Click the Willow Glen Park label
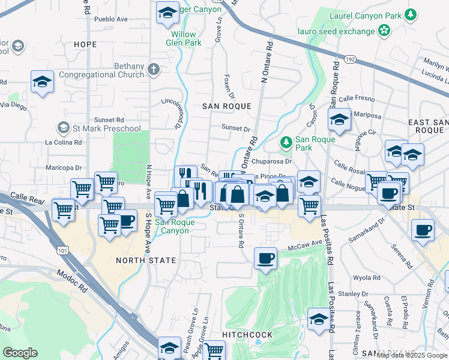(184, 38)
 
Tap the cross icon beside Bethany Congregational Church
(154, 70)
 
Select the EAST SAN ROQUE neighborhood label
(428, 126)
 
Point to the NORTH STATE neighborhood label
(146, 260)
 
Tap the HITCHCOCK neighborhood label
(247, 334)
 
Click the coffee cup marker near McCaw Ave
(265, 259)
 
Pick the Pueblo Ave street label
(112, 19)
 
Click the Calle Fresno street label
(357, 99)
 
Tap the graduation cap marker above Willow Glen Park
(167, 13)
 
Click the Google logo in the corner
(20, 352)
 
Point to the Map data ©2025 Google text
(412, 355)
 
